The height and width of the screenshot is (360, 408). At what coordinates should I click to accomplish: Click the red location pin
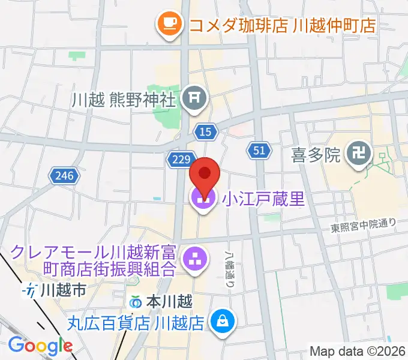tap(205, 175)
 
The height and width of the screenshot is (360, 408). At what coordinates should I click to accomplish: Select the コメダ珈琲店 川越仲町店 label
tap(282, 25)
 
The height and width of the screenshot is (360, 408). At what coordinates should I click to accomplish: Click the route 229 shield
tap(180, 159)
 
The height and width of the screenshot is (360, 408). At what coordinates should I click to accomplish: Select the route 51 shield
tap(258, 151)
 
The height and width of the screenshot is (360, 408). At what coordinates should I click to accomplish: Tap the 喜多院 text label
tap(316, 156)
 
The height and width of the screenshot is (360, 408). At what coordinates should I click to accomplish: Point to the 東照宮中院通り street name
tap(364, 226)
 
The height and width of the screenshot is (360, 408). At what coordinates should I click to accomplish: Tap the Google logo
tap(40, 346)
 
